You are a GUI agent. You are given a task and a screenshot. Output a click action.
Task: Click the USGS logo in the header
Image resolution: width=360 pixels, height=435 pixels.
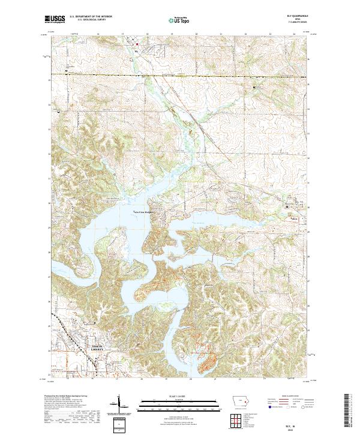point(55,20)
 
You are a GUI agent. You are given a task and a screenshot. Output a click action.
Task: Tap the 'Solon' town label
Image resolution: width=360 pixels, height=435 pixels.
point(294,219)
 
